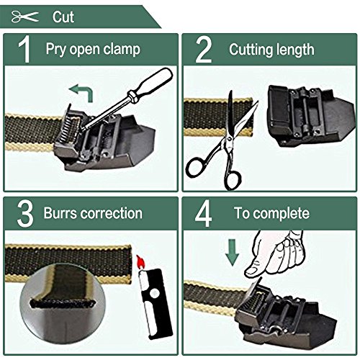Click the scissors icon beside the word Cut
pos(24,17)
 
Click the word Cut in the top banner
pos(63,17)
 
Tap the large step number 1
pos(24,49)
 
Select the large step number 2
pos(204,49)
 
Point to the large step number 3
pos(25,213)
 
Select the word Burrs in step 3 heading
pos(59,213)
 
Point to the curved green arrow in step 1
pos(84,91)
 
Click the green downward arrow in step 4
pos(232,253)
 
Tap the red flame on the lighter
pos(141,262)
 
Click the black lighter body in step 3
pos(156,304)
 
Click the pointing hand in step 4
pos(275,254)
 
